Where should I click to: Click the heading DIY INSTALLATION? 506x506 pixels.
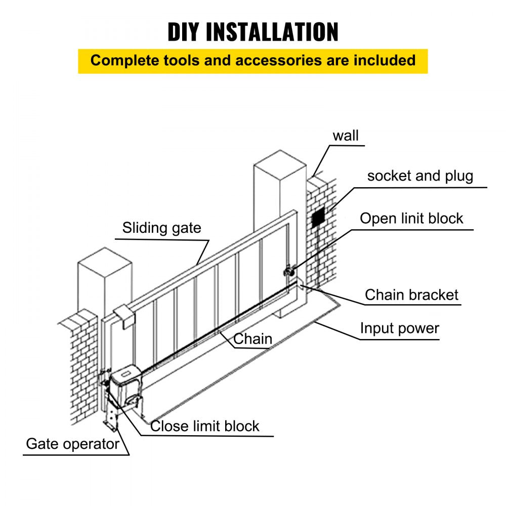(253, 32)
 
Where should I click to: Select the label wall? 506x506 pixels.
(346, 136)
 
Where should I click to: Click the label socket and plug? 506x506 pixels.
(420, 176)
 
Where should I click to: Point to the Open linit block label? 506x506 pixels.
(411, 219)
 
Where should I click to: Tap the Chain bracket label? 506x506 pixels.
(411, 295)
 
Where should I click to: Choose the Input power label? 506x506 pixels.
(399, 328)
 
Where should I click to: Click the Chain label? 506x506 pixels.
(253, 339)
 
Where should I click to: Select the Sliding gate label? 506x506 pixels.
(161, 228)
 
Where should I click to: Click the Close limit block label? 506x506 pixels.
(205, 426)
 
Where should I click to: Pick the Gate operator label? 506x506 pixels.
(72, 444)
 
